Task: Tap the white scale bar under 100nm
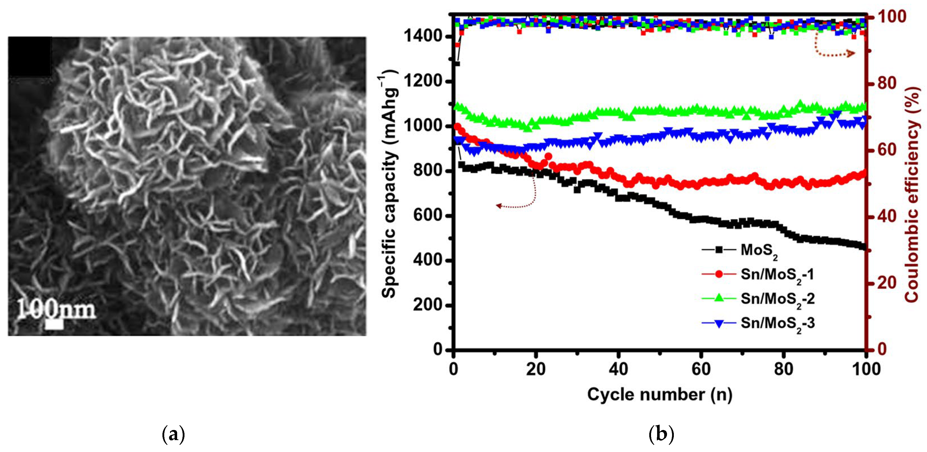(x=54, y=324)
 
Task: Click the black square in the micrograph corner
(x=30, y=56)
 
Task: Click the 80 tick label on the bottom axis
(x=783, y=369)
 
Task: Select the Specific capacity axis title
(x=389, y=183)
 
